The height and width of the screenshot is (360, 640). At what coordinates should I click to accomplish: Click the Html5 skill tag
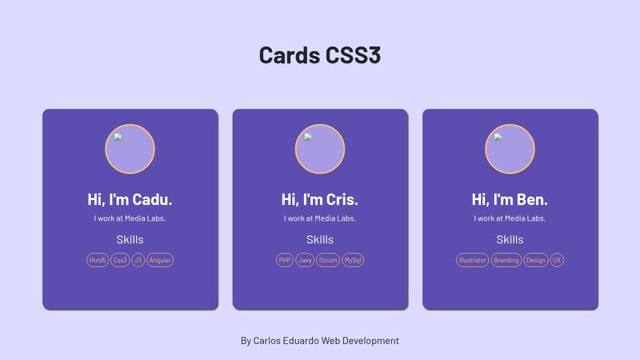point(98,260)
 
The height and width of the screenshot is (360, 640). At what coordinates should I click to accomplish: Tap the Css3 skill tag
point(120,260)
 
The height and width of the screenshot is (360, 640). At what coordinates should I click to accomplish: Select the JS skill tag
point(138,260)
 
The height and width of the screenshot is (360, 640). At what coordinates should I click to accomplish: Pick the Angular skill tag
point(159,260)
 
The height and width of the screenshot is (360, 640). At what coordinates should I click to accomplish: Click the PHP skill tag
point(285,260)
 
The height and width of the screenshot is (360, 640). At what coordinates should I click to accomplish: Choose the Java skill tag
point(305,260)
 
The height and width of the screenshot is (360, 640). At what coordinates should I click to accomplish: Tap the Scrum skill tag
point(328,260)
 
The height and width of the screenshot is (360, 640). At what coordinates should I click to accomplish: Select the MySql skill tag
point(353,260)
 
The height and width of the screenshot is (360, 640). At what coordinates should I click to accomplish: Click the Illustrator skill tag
point(472,260)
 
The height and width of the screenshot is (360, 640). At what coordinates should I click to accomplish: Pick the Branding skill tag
point(506,260)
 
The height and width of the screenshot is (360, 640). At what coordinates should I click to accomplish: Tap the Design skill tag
point(535,260)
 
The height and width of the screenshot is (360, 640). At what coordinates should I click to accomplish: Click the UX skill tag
point(557,260)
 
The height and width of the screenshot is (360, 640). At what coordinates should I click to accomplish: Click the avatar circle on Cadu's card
point(130,149)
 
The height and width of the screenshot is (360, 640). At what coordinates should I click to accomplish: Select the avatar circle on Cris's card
point(320,149)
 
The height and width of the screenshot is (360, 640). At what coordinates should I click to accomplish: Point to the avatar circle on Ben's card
point(510,149)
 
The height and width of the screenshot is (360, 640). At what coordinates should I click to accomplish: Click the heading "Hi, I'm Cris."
point(319,199)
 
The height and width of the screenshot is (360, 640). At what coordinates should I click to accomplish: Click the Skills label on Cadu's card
point(130,239)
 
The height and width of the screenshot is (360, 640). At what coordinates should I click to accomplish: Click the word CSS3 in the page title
point(354,55)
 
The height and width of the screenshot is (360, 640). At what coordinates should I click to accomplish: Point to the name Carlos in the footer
point(266,341)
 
